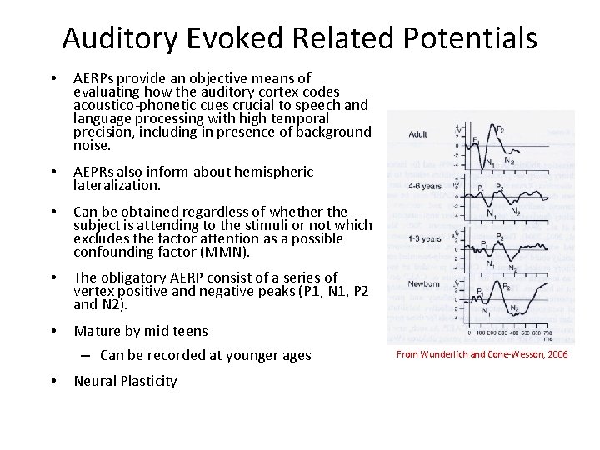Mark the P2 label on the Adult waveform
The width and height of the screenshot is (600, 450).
499,129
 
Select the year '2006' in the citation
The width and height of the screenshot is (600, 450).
557,353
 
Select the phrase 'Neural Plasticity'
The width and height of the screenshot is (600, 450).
125,381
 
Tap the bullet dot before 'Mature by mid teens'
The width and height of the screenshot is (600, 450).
53,331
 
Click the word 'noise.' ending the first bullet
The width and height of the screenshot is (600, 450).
92,144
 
